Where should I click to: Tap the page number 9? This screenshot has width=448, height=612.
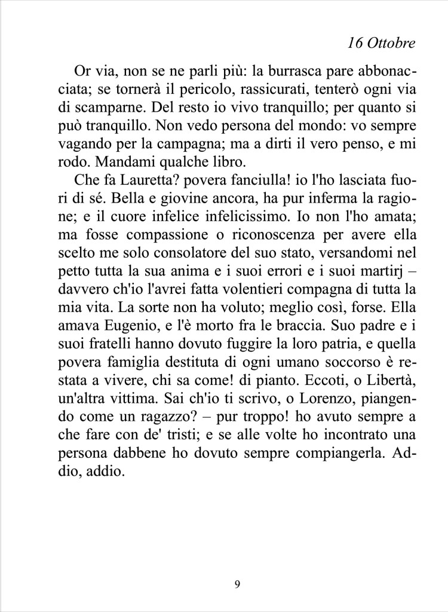coord(238,584)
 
